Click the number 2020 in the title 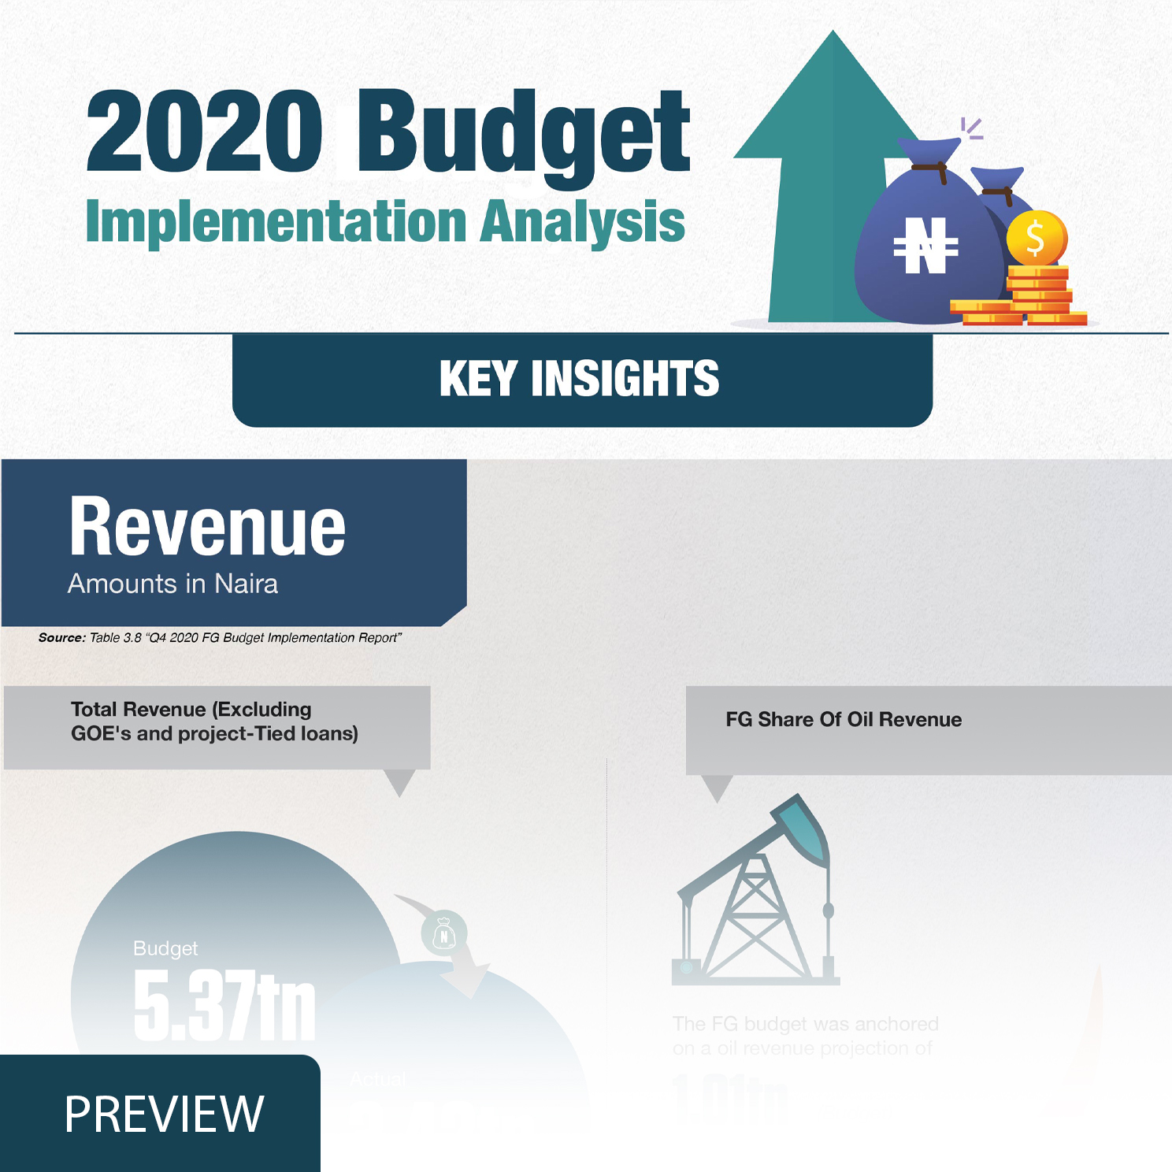tap(203, 132)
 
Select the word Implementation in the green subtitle tap(276, 222)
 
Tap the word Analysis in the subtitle tap(583, 222)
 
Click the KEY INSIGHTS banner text tap(580, 379)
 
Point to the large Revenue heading tap(207, 527)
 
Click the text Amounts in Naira tap(172, 584)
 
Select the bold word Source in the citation tap(61, 638)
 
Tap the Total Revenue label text tap(214, 721)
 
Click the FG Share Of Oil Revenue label tap(844, 719)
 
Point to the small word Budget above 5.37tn tap(165, 948)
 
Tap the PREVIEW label tap(164, 1114)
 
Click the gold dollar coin tap(1036, 238)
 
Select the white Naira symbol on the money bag tap(925, 246)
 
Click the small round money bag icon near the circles tap(444, 934)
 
